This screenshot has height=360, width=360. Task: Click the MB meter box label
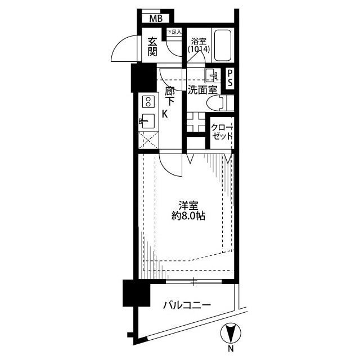pos(156,19)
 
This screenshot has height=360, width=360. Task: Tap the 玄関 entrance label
pos(152,47)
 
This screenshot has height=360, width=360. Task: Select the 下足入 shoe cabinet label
pos(174,31)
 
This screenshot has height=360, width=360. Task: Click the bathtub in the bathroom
pos(223,45)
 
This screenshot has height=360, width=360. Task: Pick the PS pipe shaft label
pos(230,78)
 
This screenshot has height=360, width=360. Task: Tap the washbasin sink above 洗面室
pos(213,75)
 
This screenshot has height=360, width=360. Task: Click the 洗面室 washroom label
pos(202,90)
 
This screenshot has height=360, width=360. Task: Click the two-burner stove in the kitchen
pos(148,102)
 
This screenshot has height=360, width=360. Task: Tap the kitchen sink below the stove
pos(147,121)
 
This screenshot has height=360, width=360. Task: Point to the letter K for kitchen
pos(165,114)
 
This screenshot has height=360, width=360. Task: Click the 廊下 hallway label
pos(170,96)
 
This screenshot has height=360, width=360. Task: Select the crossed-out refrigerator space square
pos(148,140)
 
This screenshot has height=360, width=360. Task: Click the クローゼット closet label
pos(222,132)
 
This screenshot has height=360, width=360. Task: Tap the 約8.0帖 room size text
pos(188,216)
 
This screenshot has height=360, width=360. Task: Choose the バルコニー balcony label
pos(187,305)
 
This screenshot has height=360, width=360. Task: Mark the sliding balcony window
pos(193,281)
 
